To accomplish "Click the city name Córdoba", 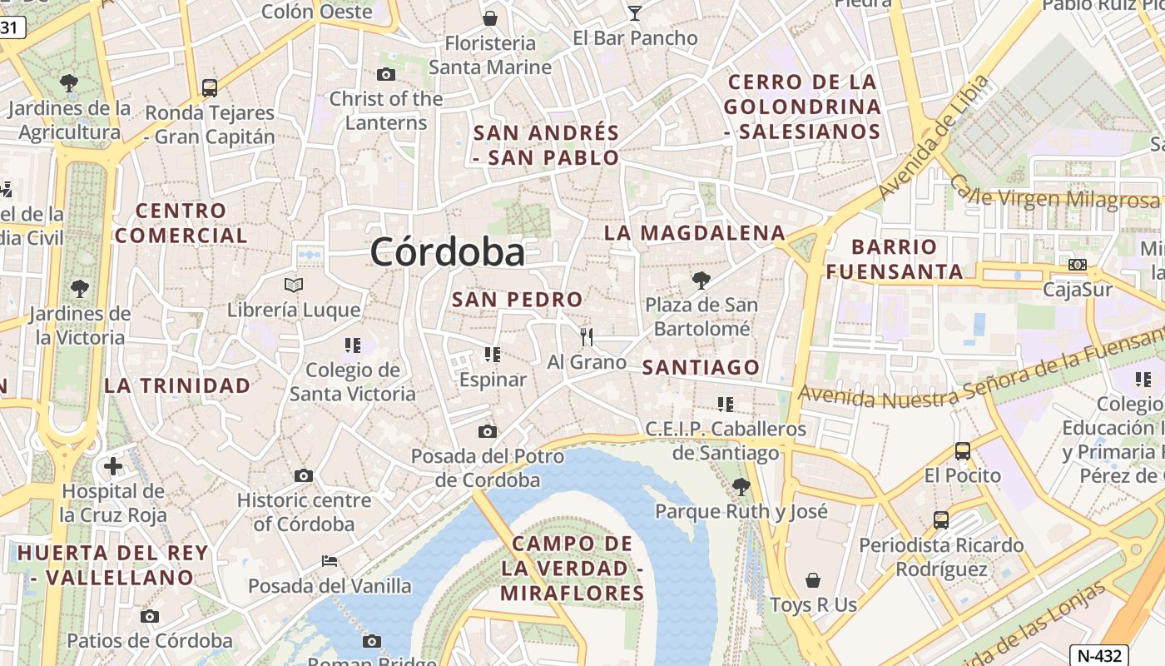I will tap(448, 251).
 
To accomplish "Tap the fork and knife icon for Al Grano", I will tap(587, 337).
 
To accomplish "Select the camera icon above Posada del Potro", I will tap(488, 431).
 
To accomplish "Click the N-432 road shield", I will tap(1098, 655).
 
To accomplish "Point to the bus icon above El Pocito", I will tap(963, 451).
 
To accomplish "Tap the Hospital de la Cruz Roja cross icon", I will tap(113, 466).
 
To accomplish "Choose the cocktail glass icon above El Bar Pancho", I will tap(635, 12).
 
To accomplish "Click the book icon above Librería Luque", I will tap(294, 286).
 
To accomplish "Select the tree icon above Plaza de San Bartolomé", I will tap(701, 280).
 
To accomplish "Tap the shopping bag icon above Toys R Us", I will tap(813, 580).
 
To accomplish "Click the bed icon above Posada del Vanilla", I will tap(330, 561).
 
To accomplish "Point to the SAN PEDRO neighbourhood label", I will tap(517, 300).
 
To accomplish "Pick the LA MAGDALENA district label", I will tap(695, 233).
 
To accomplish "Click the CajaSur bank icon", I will tap(1078, 265).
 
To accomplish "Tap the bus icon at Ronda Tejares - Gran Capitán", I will tap(210, 87).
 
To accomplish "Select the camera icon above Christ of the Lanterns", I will tap(386, 75).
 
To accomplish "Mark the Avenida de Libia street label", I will tap(934, 137).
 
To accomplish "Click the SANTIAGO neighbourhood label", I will tap(701, 367).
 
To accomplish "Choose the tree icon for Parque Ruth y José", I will tap(741, 486).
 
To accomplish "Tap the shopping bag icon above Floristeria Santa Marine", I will tap(490, 17).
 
